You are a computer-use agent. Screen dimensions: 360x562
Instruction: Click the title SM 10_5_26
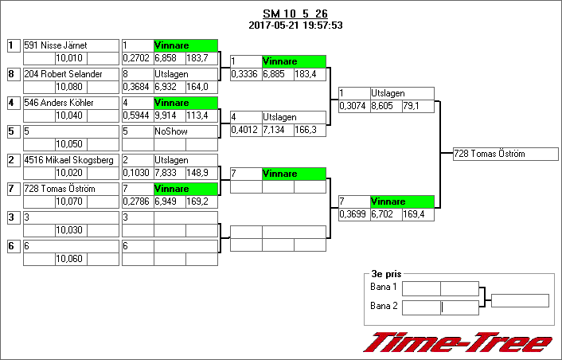point(295,14)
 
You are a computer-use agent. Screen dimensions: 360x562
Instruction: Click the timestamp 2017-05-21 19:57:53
point(295,25)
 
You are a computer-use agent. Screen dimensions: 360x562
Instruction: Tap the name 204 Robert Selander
point(64,74)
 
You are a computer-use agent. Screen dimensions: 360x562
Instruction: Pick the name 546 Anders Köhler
point(59,103)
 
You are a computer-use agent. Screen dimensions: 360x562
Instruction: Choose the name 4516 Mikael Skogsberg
point(68,160)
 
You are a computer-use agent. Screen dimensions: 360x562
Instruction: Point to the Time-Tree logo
point(458,342)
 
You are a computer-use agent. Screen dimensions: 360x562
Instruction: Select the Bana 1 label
point(384,287)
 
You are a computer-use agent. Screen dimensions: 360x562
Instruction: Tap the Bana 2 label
point(384,306)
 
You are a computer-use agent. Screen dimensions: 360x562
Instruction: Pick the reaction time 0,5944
point(136,115)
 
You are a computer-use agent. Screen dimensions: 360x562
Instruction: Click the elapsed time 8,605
point(385,105)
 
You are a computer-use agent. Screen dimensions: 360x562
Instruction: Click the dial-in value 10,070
point(70,201)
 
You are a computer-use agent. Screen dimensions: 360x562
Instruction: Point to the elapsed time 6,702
point(385,213)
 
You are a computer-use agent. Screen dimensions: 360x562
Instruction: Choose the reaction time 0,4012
point(245,130)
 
